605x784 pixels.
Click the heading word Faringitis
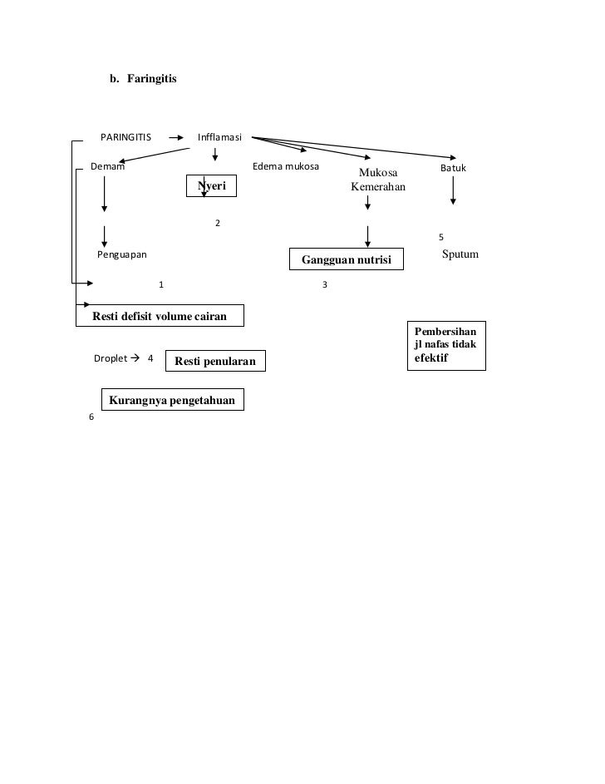(151, 80)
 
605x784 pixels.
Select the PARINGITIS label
(125, 137)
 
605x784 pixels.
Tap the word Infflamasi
(219, 137)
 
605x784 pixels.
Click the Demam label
(108, 167)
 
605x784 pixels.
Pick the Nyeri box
(211, 186)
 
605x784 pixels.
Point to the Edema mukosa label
(285, 167)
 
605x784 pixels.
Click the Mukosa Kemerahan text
(378, 180)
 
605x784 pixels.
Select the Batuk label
(454, 168)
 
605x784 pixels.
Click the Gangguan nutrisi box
(346, 259)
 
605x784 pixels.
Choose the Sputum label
(460, 254)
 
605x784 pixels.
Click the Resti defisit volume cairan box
(158, 316)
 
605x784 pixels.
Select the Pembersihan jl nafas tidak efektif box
(446, 344)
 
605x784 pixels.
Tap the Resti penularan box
(216, 361)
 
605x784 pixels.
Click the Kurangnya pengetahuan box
(173, 401)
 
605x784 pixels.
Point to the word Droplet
(111, 358)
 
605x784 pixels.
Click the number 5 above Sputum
(441, 238)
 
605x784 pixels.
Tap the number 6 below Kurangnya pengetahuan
(91, 417)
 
